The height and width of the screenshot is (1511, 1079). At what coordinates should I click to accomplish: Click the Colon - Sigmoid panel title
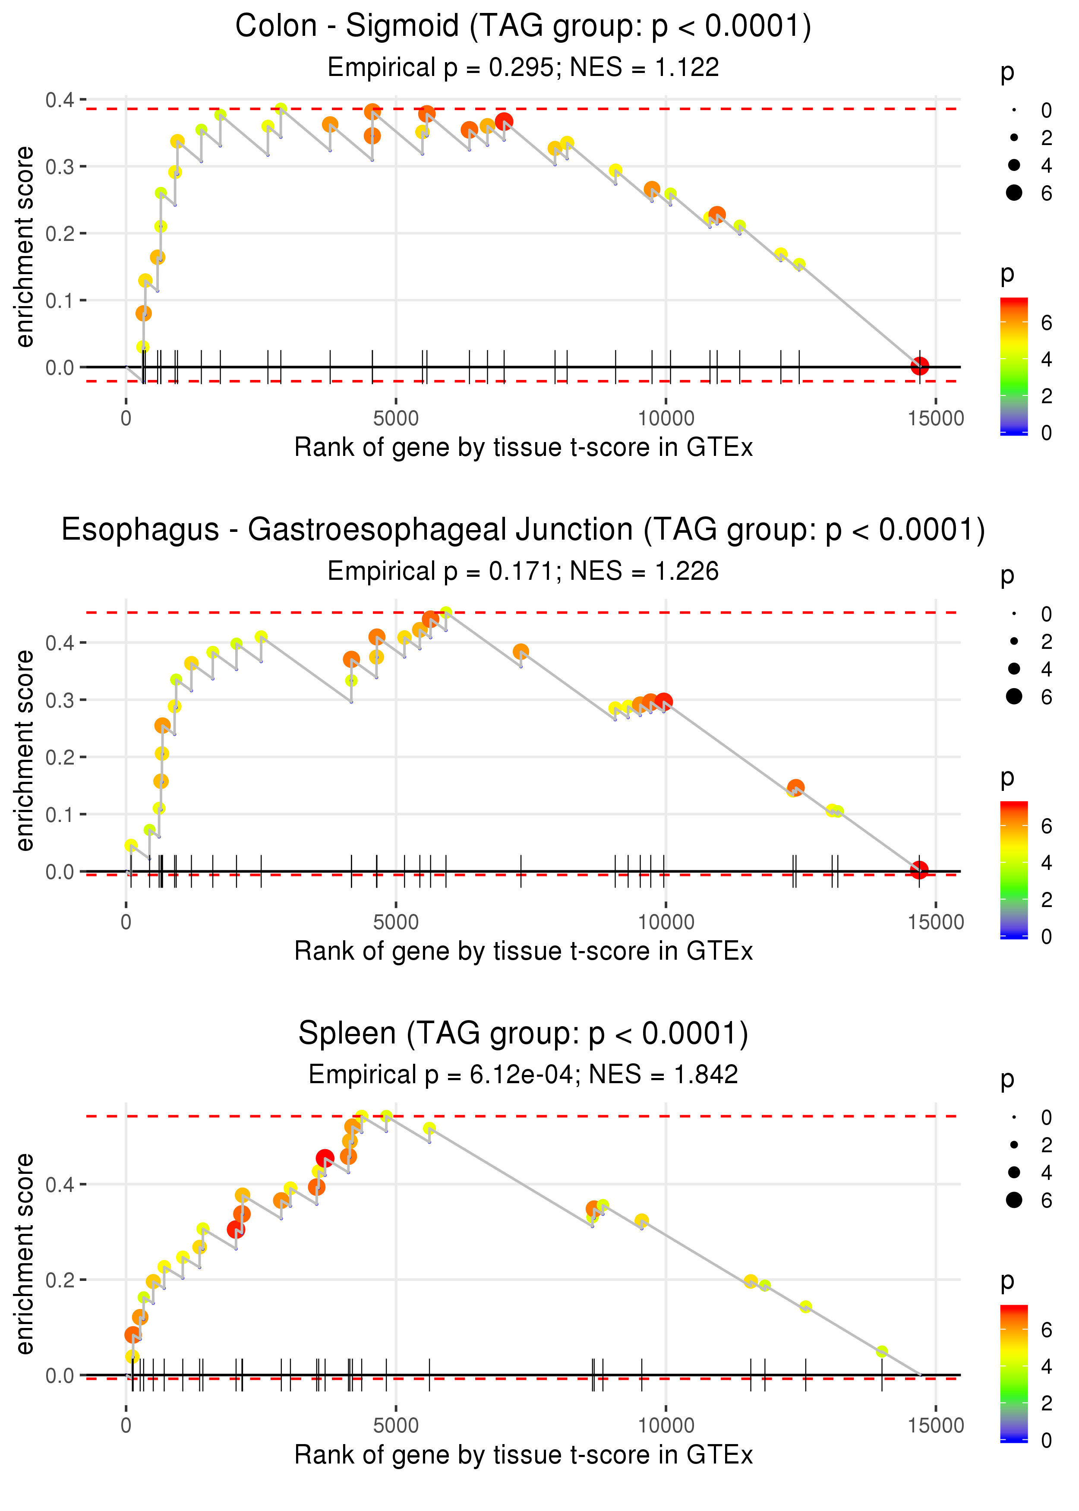524,27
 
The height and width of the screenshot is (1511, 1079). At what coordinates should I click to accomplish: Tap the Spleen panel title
524,1034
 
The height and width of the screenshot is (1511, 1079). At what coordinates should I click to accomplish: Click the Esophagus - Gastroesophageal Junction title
524,530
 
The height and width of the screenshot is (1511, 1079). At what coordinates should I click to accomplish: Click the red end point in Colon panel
920,366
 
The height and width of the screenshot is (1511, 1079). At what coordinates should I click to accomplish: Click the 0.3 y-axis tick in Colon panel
60,167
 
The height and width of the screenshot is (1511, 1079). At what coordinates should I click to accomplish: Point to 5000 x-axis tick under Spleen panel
396,1425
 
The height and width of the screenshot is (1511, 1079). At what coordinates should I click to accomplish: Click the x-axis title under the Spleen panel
524,1455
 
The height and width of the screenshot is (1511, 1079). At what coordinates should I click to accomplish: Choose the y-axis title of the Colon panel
25,247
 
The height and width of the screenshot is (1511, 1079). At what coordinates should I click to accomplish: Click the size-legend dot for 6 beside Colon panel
1014,193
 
